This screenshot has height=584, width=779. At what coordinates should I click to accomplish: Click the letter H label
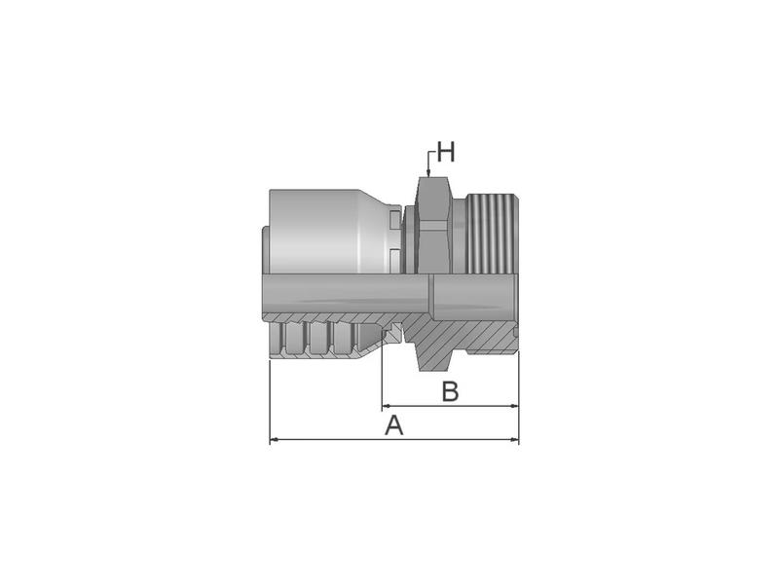click(445, 152)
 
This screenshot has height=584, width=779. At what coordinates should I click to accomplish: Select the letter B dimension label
click(449, 391)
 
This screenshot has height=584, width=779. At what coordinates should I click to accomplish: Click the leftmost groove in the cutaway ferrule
click(295, 337)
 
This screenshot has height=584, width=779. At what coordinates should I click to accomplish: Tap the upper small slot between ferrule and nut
click(392, 221)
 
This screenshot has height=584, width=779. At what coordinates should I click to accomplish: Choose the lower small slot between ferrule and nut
click(392, 257)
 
